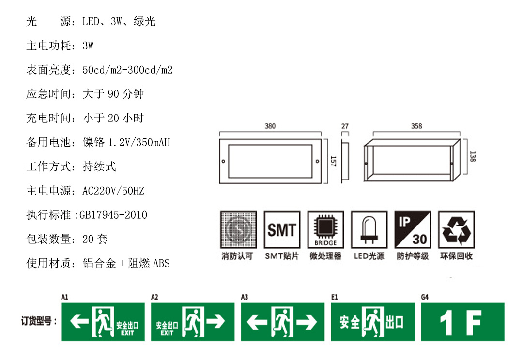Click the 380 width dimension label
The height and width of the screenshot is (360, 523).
270,126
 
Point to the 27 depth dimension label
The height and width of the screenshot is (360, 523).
345,126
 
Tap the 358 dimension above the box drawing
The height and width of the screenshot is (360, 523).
416,126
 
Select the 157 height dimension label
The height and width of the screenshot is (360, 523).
333,161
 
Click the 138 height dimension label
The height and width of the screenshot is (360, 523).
472,156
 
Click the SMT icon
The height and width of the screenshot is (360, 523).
282,229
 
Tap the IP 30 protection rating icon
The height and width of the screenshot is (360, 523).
412,229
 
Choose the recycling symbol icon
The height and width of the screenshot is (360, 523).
456,229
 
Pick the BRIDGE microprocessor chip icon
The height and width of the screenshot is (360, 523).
325,229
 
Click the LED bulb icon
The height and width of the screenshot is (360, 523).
369,229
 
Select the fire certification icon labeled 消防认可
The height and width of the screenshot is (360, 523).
238,229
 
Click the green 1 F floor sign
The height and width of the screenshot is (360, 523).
462,322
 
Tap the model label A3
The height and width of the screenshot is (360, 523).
244,297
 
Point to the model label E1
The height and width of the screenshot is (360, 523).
334,297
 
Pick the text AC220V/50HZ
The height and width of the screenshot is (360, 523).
113,191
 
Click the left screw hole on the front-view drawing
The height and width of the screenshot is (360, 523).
223,161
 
